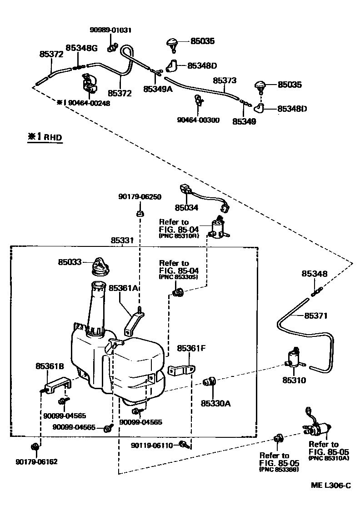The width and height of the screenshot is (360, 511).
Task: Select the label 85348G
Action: pyautogui.click(x=81, y=48)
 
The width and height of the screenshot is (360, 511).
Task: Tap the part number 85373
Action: pyautogui.click(x=225, y=80)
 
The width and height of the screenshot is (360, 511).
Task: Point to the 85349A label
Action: pyautogui.click(x=158, y=90)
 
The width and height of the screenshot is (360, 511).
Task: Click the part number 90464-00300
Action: pyautogui.click(x=198, y=120)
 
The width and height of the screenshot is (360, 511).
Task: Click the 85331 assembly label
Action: pyautogui.click(x=123, y=240)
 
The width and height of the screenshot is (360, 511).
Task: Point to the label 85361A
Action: pyautogui.click(x=123, y=288)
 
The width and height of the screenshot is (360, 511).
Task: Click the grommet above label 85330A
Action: pyautogui.click(x=210, y=381)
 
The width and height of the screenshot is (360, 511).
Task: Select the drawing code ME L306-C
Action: pyautogui.click(x=330, y=486)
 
